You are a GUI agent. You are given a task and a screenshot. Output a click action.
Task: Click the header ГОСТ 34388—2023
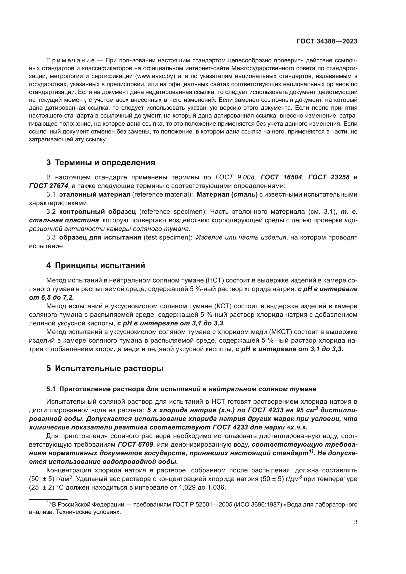327,41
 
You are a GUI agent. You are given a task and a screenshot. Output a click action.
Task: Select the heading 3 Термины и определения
100,162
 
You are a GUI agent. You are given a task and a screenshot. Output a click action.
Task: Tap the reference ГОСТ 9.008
235,177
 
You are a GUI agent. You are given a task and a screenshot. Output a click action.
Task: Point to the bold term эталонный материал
95,194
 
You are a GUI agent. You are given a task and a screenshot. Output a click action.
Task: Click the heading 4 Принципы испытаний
95,265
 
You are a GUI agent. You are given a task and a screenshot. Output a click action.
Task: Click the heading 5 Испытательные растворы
105,368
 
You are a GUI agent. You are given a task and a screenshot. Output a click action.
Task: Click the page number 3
355,522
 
